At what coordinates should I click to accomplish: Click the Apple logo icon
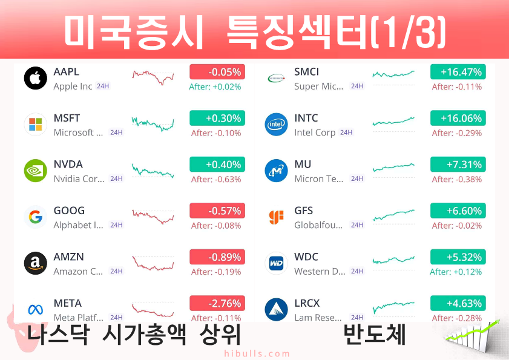(x=36, y=78)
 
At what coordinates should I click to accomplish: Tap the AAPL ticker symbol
(x=66, y=71)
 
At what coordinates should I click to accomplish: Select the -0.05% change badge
(x=217, y=72)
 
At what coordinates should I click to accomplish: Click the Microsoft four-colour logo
(x=36, y=124)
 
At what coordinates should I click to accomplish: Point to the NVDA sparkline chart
(x=153, y=171)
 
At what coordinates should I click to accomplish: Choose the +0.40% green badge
(x=217, y=164)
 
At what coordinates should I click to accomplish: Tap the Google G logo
(x=36, y=217)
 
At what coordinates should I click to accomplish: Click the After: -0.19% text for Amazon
(x=216, y=272)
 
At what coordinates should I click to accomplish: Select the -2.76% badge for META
(x=217, y=303)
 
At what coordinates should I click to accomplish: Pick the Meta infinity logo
(x=36, y=310)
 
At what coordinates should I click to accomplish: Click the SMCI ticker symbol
(x=306, y=71)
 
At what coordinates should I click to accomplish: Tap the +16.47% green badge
(x=458, y=72)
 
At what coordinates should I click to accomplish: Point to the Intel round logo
(x=276, y=124)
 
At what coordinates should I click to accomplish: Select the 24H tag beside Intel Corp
(x=346, y=133)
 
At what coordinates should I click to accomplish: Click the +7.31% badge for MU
(x=458, y=164)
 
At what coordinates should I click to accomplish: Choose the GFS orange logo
(x=276, y=217)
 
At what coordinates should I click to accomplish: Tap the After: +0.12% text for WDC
(x=456, y=272)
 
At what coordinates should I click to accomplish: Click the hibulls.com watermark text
(x=257, y=353)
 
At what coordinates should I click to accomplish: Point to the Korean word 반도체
(x=375, y=335)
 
